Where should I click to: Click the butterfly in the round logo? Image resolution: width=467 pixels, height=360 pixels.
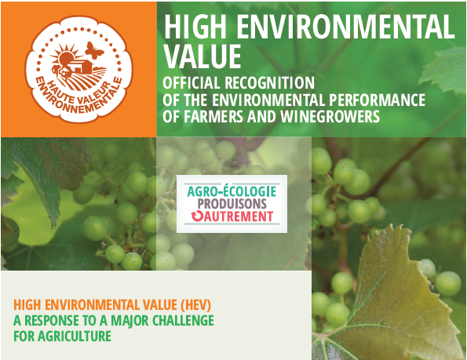pos(94,50)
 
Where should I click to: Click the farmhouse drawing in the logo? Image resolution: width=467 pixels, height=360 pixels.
pos(80,67)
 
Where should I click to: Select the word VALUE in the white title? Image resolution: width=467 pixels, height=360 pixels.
pos(202,56)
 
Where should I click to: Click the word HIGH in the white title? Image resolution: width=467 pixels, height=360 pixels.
pos(195,27)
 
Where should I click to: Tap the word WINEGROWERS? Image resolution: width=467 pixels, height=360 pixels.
pos(330,116)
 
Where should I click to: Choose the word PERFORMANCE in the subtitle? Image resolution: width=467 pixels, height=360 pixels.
pos(377,100)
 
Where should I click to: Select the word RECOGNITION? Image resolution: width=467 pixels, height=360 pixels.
pos(270,82)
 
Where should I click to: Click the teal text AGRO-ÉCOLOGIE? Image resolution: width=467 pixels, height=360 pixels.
pos(232,191)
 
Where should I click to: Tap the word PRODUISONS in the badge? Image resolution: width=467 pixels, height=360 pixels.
pos(228,204)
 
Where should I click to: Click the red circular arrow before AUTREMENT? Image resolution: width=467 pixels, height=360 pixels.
pos(196,216)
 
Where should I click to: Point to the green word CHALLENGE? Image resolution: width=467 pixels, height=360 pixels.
pos(183,321)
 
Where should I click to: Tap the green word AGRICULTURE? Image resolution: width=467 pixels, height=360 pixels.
pos(75,336)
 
